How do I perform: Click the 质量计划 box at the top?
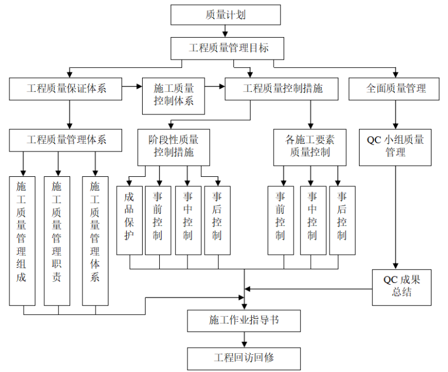[226, 15]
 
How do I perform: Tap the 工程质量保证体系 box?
[66, 88]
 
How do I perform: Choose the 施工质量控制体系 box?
[174, 95]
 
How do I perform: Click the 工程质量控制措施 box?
[282, 88]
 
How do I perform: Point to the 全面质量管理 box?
[396, 88]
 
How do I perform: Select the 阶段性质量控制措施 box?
[173, 147]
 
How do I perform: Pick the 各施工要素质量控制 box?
[309, 147]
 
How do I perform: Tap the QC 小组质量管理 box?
[396, 146]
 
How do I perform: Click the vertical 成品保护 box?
[129, 220]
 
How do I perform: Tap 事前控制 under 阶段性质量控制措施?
[158, 220]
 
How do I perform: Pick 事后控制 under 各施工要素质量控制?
[342, 220]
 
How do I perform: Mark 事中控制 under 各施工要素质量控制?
[312, 220]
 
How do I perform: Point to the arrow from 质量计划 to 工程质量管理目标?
[225, 31]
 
